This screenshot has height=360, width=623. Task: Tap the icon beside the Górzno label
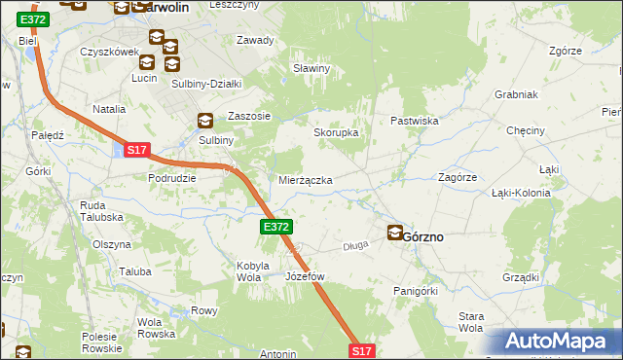pos(395,233)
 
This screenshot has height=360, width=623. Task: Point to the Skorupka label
pos(336,132)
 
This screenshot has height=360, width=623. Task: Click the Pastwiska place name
pos(416,121)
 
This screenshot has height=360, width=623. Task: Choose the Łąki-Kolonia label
pos(521,193)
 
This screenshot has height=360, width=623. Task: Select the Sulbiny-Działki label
pos(205,84)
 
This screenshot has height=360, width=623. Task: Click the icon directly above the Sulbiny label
pos(205,122)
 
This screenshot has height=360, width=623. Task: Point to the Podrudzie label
pos(172,178)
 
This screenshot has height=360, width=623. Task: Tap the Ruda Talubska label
pos(100,211)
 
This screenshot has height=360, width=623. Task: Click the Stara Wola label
pos(471,322)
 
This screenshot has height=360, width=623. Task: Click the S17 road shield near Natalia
pos(136,150)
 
